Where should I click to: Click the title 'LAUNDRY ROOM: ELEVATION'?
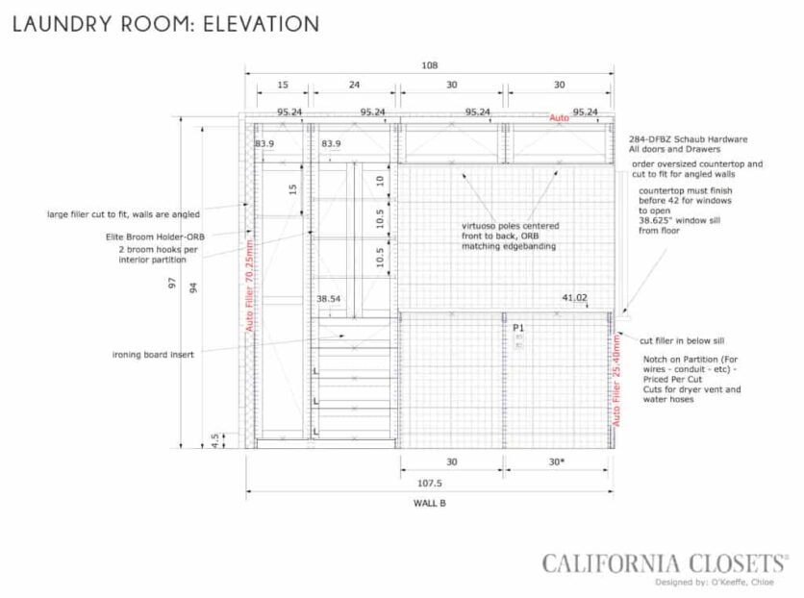[x=165, y=24]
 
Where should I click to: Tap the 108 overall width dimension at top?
[x=429, y=65]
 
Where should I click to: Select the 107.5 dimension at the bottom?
[x=429, y=484]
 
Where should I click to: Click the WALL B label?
[x=429, y=503]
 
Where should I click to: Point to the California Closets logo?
[x=665, y=562]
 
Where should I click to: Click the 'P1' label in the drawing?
[x=518, y=327]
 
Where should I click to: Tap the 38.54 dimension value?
[x=329, y=299]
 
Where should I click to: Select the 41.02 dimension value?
[x=574, y=298]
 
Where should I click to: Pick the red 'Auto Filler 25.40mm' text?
[x=616, y=379]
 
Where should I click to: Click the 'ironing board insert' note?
[x=153, y=355]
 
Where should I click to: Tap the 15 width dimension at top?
[x=283, y=85]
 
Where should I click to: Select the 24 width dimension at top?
[x=354, y=85]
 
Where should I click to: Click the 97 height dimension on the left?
[x=172, y=284]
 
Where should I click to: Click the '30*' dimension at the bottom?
[x=556, y=462]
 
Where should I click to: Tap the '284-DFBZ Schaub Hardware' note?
[x=687, y=138]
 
